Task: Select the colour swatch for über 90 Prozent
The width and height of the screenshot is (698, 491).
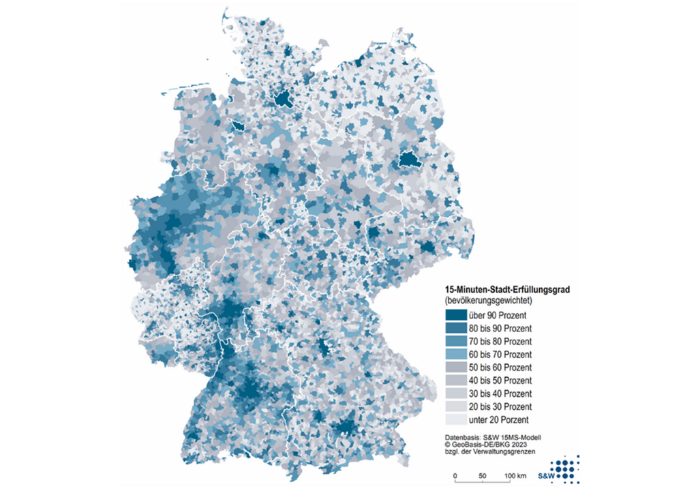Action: [x=455, y=315]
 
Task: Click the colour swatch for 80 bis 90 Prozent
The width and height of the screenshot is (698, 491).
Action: [x=455, y=328]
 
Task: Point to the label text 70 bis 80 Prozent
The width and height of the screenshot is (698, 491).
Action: [x=501, y=341]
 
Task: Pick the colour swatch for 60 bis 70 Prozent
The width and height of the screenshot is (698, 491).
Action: [x=455, y=354]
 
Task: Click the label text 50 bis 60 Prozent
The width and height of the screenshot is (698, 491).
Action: [x=501, y=367]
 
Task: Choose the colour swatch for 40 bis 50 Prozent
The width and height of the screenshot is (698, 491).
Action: [x=455, y=380]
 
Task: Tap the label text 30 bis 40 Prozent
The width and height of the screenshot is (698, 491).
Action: [x=501, y=393]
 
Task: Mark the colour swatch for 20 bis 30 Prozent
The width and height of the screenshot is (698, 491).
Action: [x=455, y=406]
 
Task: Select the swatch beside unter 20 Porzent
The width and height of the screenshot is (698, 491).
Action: [x=455, y=419]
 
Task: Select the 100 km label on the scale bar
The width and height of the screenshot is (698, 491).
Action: [x=516, y=475]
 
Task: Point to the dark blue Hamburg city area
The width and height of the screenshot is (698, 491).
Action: [x=282, y=101]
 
